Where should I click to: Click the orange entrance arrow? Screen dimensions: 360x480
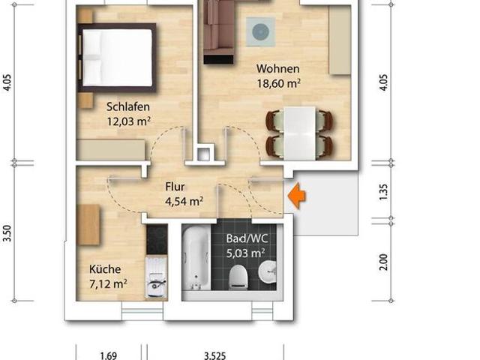[x=298, y=196]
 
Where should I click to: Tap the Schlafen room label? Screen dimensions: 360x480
[x=127, y=106]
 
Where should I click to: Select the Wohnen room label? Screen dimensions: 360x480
[x=277, y=70]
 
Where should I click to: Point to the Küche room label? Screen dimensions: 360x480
[x=105, y=269]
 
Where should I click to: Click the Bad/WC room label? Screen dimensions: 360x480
[x=247, y=239]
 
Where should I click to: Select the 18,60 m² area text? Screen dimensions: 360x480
[x=278, y=85]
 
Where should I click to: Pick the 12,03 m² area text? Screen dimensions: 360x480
[x=128, y=121]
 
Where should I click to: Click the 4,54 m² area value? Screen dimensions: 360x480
[x=184, y=200]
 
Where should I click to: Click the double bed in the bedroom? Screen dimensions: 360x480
[x=118, y=56]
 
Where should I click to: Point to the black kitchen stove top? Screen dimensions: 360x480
[x=156, y=239]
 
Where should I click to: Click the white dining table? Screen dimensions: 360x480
[x=298, y=131]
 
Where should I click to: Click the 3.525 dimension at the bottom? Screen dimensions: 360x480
[x=214, y=355]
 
